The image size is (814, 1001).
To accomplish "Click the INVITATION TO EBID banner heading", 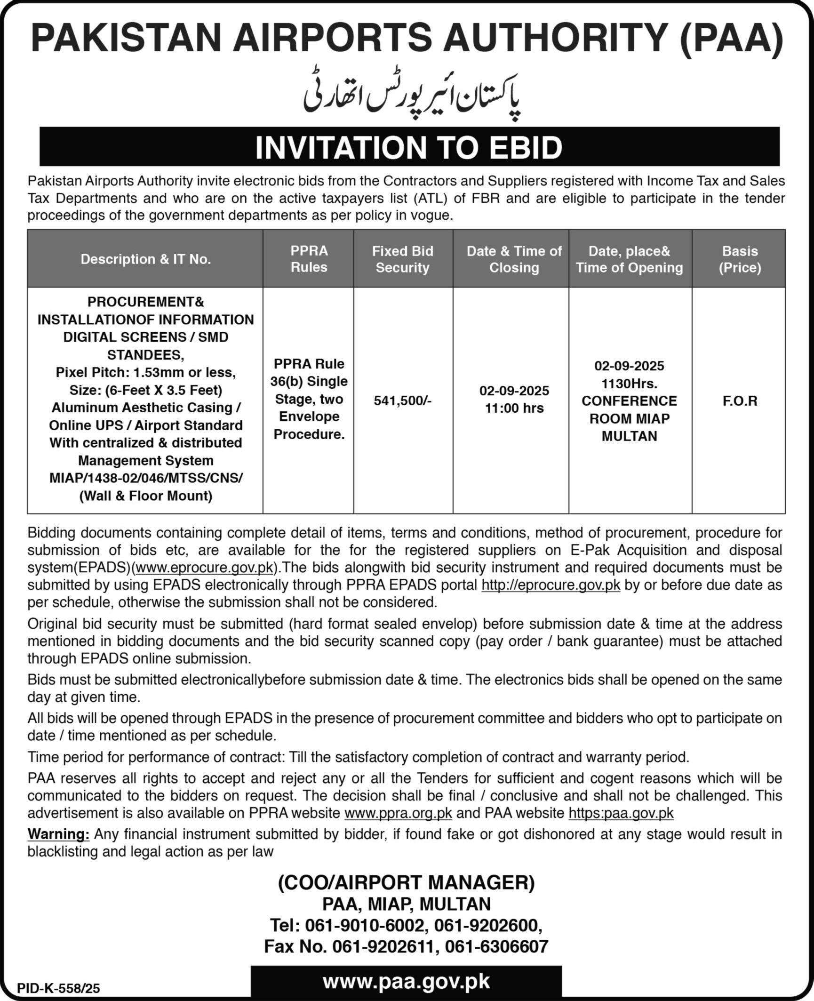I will click(408, 147).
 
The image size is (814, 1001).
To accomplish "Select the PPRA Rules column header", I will click(309, 259).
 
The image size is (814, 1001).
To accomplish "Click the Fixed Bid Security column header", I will click(402, 259).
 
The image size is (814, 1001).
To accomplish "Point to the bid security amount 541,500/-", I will click(402, 400).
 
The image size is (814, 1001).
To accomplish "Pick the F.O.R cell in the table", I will click(740, 400).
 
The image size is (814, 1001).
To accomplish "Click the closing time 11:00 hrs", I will click(514, 408).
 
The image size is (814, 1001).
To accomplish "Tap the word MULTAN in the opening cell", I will click(629, 436).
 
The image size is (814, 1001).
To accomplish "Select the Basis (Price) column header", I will click(740, 259).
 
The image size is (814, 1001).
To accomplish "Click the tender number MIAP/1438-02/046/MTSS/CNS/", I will click(146, 478).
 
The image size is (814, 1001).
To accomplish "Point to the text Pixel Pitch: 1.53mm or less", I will click(146, 372).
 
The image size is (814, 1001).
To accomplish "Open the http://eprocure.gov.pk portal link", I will click(551, 585).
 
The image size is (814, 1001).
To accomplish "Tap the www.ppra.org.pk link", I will click(398, 813).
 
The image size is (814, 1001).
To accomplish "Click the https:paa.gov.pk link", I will click(621, 813).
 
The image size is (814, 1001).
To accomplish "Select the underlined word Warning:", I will click(58, 834).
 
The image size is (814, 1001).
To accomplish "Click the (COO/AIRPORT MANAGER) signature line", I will click(407, 883).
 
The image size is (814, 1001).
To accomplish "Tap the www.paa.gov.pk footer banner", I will click(406, 982).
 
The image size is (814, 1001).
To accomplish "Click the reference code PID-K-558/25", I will click(59, 987).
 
